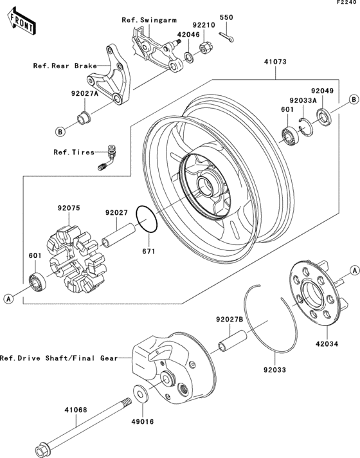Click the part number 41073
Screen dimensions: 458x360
click(273, 63)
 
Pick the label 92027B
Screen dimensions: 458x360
click(229, 319)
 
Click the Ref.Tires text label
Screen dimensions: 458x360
click(74, 152)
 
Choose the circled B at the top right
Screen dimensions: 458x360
click(353, 100)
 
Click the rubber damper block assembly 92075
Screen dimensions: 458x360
click(72, 257)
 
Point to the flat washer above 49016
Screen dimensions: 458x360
click(139, 391)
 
